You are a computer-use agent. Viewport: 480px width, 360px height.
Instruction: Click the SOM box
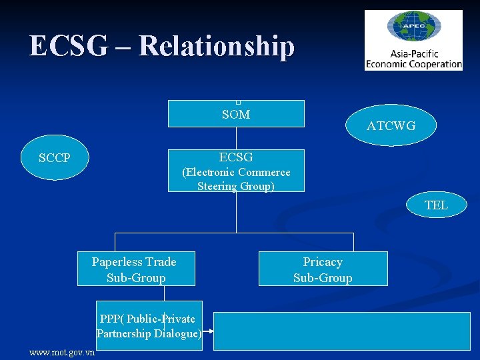tap(236, 114)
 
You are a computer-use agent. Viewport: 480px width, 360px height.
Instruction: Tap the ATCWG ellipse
tap(391, 125)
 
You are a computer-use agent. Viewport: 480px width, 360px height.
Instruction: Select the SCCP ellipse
tap(54, 158)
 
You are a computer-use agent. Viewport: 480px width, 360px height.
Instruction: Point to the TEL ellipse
tap(436, 205)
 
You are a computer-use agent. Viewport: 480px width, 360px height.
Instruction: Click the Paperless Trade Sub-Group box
tap(136, 269)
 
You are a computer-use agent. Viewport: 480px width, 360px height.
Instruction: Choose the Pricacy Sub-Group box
tap(323, 269)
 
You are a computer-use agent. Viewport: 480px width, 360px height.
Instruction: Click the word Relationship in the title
tap(217, 46)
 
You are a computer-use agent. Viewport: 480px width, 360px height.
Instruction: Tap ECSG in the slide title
tap(67, 46)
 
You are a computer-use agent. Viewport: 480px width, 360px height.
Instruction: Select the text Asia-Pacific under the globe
tap(413, 54)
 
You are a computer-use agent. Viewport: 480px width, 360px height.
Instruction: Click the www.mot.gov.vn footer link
tap(62, 353)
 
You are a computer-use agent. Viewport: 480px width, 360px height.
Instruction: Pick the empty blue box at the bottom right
tap(343, 331)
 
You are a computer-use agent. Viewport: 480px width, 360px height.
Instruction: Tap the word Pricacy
tap(323, 262)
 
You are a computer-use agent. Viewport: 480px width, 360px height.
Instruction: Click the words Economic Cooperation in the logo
tap(413, 65)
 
